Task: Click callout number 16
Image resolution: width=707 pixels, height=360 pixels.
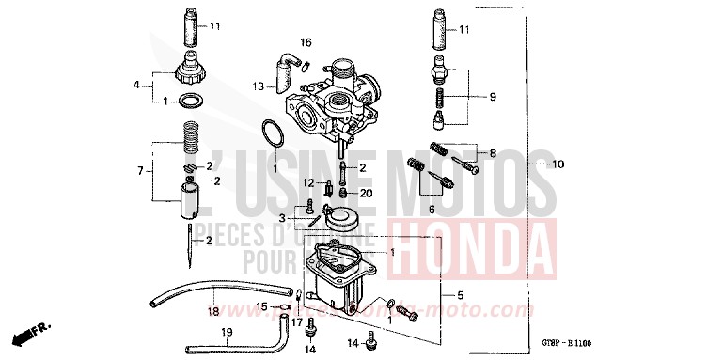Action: point(306,42)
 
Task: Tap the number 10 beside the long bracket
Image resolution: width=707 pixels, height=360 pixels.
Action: point(558,165)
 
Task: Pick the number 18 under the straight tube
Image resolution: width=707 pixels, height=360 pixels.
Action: point(212,310)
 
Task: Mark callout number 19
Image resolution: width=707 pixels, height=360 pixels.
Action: point(226,333)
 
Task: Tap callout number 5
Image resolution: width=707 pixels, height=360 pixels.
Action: point(460,295)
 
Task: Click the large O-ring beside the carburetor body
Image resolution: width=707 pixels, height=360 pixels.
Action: point(274,134)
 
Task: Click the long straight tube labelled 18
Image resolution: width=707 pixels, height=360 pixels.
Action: point(221,294)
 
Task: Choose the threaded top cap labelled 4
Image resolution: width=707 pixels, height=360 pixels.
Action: point(192,71)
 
